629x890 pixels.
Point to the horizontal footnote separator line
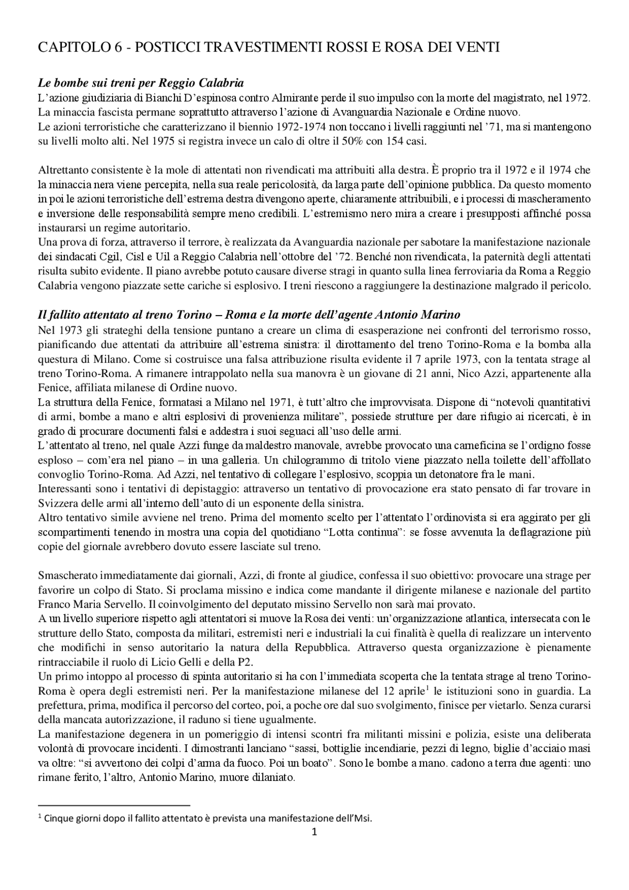coord(114,805)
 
